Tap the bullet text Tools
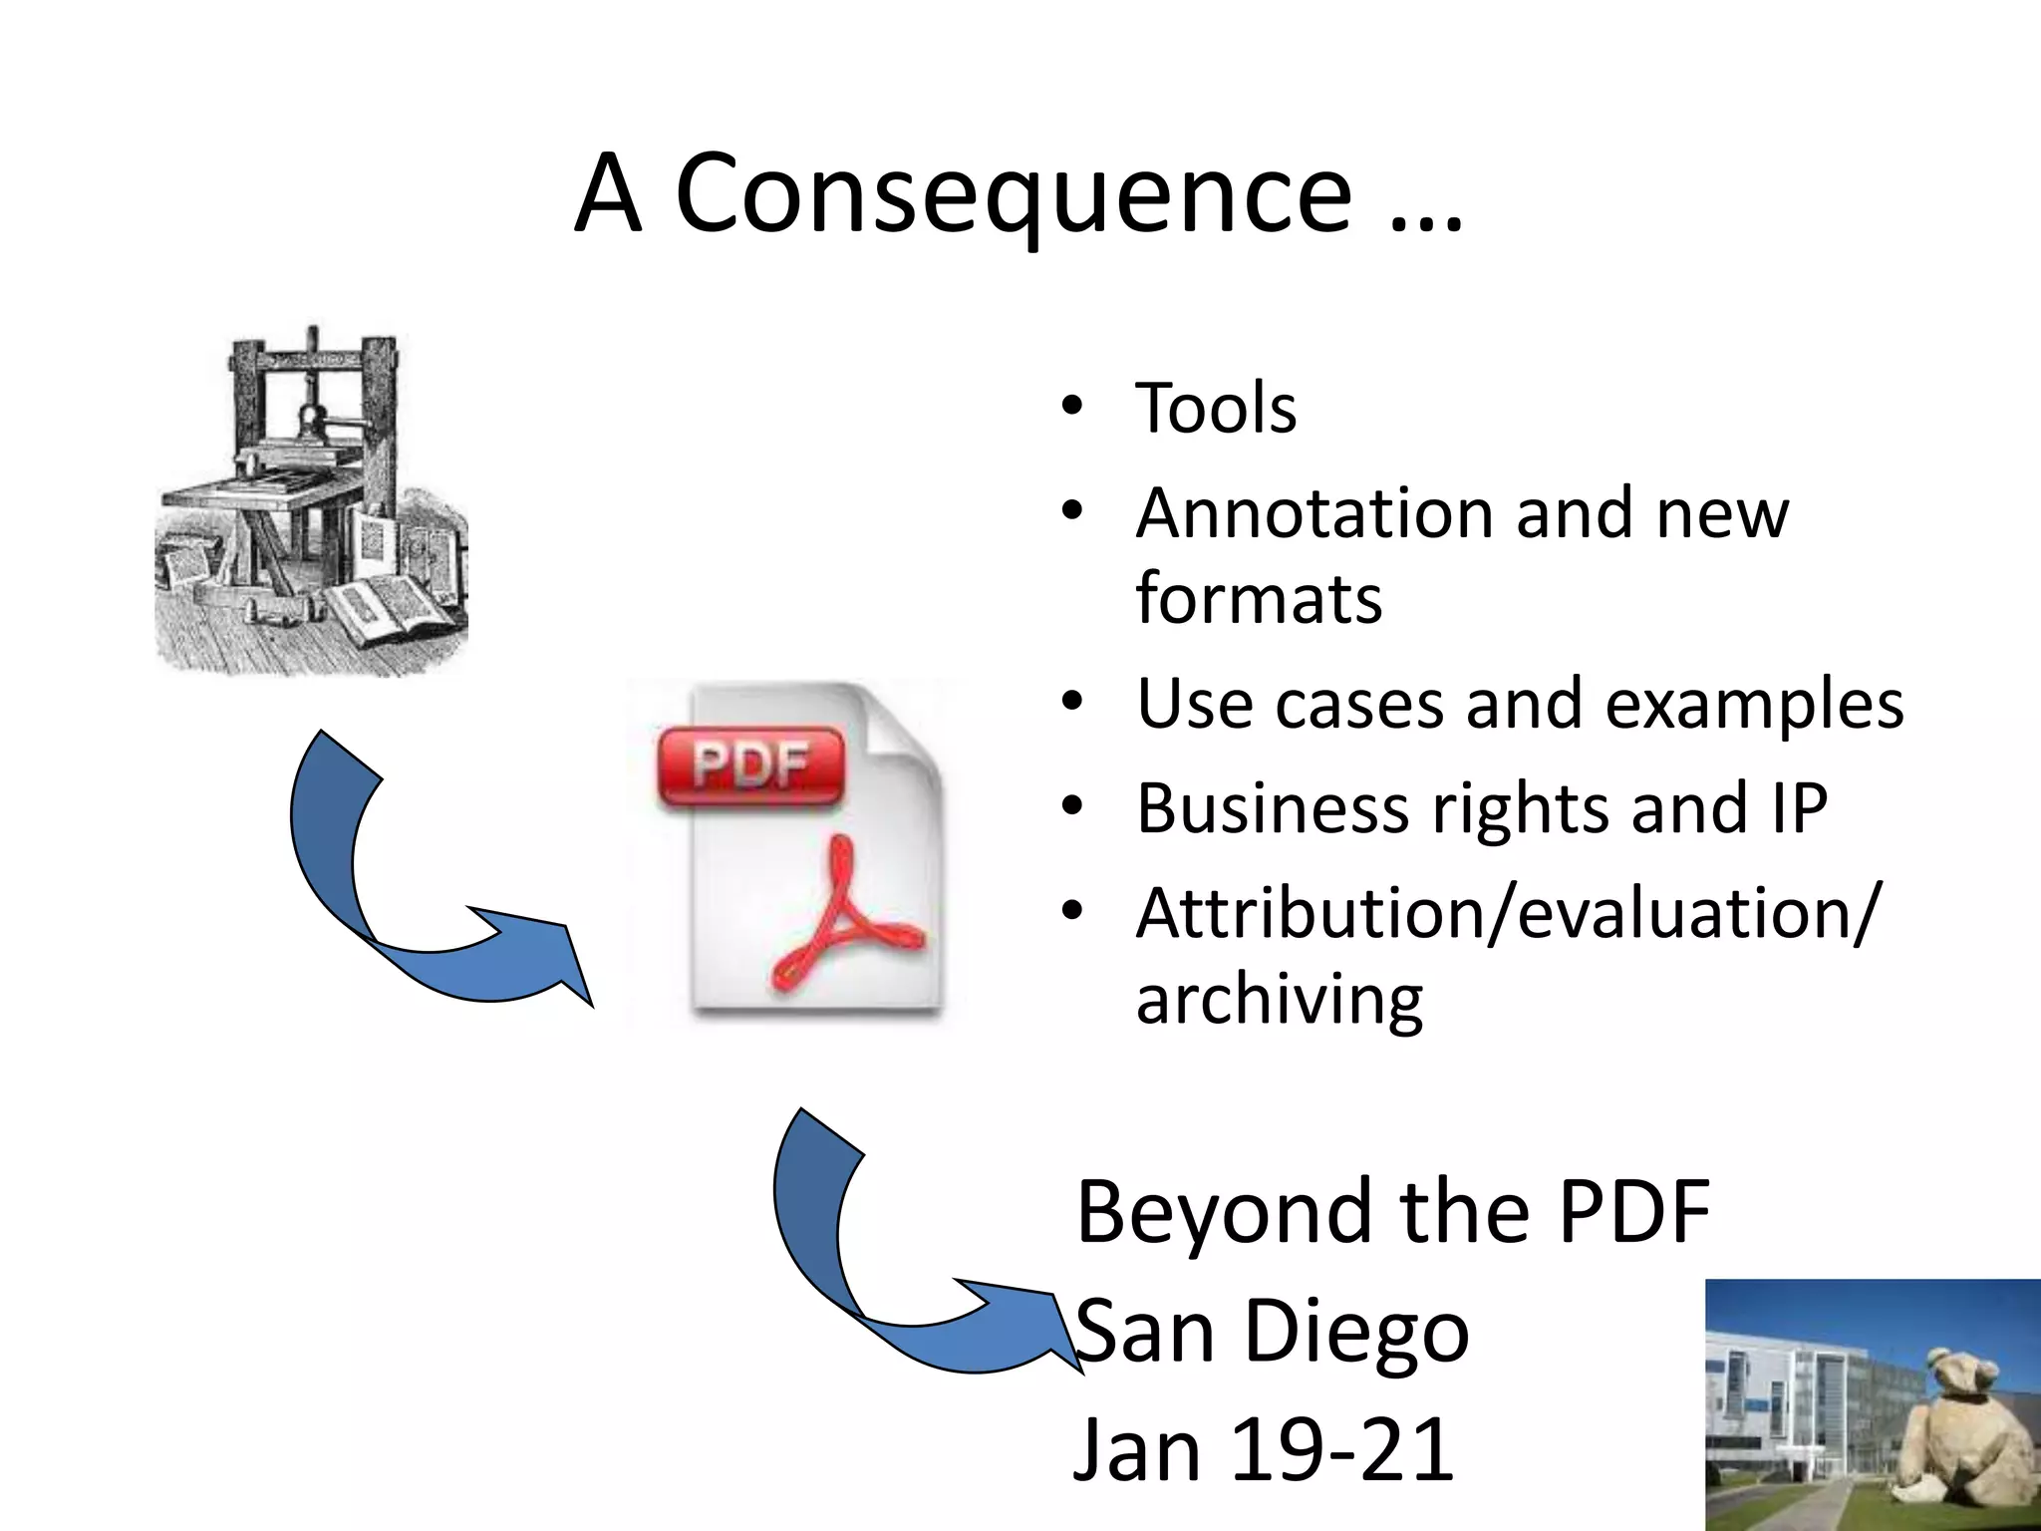pyautogui.click(x=1216, y=409)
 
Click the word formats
pyautogui.click(x=1259, y=598)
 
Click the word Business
pyautogui.click(x=1272, y=807)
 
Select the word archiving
pyautogui.click(x=1280, y=1000)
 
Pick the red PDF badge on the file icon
pyautogui.click(x=750, y=765)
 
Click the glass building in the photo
pyautogui.click(x=1794, y=1395)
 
